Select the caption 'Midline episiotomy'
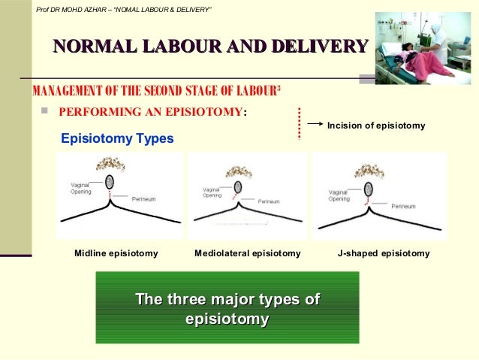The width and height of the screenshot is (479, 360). pos(116,253)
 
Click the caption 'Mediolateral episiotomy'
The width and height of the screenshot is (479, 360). pos(247,253)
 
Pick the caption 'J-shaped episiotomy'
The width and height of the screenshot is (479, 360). pos(384,253)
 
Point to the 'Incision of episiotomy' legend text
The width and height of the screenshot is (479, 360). pos(376,126)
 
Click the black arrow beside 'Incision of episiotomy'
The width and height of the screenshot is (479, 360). pos(316,126)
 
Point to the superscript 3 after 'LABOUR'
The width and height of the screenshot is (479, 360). pos(279,89)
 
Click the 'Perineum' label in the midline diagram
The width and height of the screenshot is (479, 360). pos(143,199)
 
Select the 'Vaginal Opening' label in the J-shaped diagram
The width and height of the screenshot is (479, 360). pos(339,195)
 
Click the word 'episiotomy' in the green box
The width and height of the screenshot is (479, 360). pos(227,319)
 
